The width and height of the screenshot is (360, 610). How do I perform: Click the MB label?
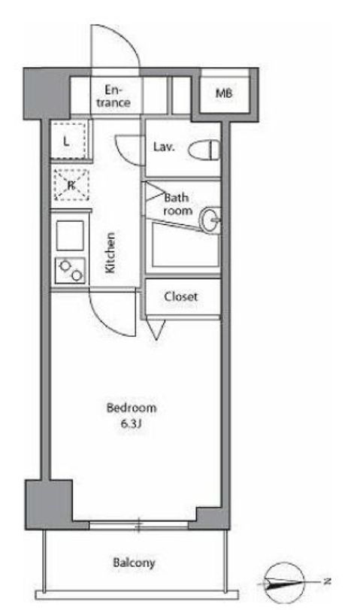[224, 93]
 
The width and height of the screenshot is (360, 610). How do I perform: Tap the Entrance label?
[113, 96]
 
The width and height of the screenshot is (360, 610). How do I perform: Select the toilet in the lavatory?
[204, 150]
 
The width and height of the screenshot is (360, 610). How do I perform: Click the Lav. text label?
[164, 147]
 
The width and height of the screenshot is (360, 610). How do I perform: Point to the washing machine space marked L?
[69, 141]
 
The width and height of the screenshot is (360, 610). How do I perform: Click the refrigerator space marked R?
[71, 185]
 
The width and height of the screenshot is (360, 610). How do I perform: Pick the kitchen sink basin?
[70, 235]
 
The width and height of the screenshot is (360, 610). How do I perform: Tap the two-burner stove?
[71, 270]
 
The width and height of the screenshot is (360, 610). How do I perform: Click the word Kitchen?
[110, 253]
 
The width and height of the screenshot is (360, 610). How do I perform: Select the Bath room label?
[177, 205]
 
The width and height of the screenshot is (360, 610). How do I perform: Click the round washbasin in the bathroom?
[210, 220]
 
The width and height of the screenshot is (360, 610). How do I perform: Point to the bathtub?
[186, 245]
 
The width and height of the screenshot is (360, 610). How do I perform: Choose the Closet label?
[181, 297]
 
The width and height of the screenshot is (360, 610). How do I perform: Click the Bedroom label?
[132, 408]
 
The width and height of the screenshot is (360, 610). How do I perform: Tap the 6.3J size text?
[130, 423]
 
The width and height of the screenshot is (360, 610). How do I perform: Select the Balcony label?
[134, 563]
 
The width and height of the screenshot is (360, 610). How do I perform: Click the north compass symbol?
[285, 582]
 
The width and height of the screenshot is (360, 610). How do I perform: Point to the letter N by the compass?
[328, 581]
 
